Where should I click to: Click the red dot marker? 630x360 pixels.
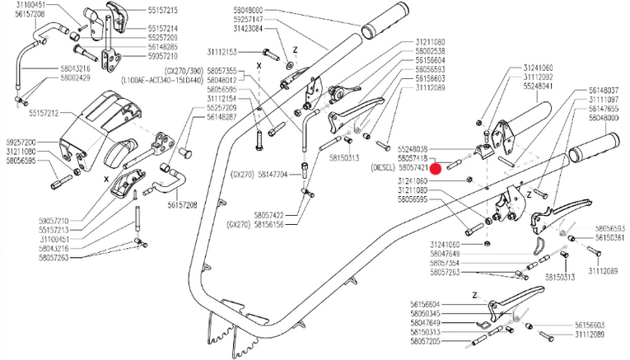click(438, 167)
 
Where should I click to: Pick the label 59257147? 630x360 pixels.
click(246, 18)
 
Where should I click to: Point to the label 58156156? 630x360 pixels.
click(264, 223)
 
